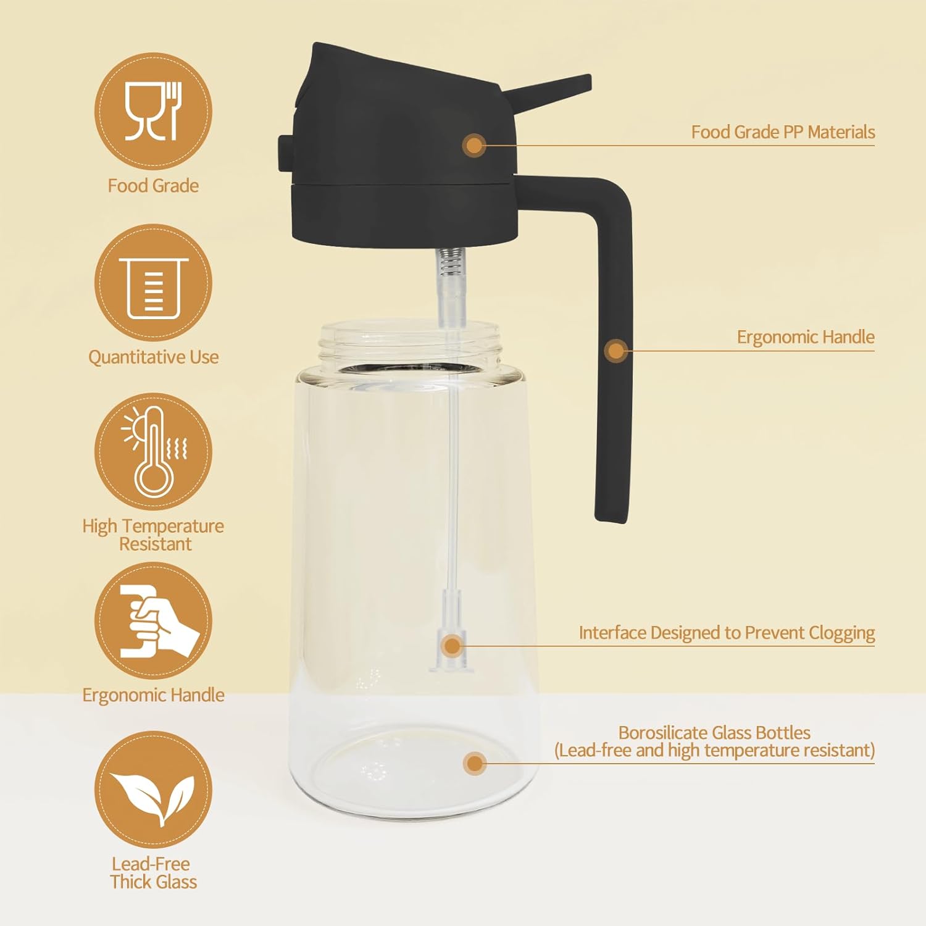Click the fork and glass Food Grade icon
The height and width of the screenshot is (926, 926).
coord(153,111)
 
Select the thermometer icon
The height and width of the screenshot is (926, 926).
coord(153,451)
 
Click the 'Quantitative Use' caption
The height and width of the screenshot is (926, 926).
coord(153,357)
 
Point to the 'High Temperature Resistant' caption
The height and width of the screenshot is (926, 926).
coord(153,535)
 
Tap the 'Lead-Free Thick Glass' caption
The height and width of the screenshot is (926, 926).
coord(153,872)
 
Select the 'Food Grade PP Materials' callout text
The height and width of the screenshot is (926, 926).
coord(783,132)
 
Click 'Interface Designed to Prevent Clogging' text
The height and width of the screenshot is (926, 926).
coord(727,633)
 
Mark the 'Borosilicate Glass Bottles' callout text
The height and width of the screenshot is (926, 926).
coord(714,733)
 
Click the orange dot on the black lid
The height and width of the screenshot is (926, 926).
coord(474,146)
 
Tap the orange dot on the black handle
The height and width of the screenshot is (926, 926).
coord(615,351)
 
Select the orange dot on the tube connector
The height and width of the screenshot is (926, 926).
coord(453,646)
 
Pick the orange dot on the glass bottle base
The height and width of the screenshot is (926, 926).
coord(474,764)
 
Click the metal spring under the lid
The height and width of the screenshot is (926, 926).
coord(451,262)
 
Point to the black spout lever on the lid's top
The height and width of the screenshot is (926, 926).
coord(547,90)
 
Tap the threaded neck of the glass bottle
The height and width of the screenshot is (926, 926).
coord(411,346)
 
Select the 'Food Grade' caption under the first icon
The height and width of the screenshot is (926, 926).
coord(153,186)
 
